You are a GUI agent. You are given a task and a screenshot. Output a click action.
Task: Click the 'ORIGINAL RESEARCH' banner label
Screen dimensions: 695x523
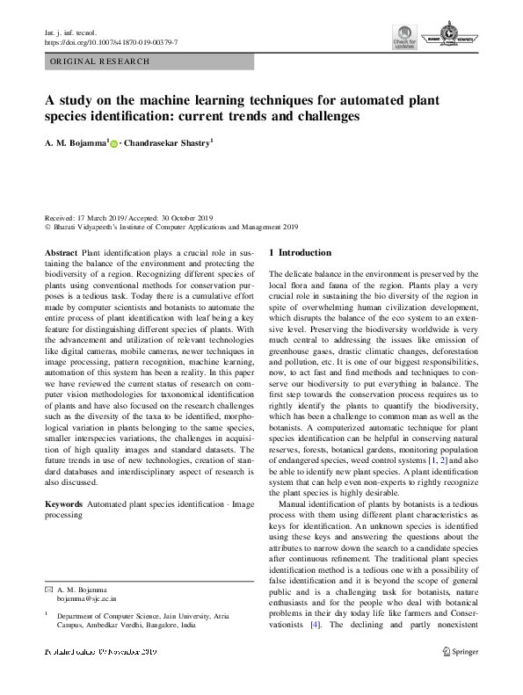(x=100, y=62)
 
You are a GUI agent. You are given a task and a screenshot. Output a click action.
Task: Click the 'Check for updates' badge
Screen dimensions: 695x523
(x=404, y=39)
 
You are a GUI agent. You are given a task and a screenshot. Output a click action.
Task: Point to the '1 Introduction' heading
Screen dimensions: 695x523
(x=300, y=253)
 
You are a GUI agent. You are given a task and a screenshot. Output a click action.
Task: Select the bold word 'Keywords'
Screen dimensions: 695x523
(x=65, y=505)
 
